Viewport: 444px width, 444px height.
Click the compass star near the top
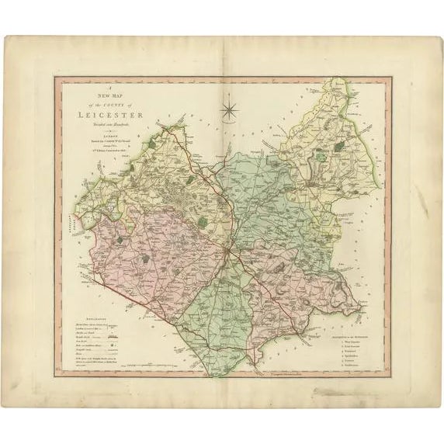pos(229,108)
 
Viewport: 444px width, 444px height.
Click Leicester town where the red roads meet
pos(227,255)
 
